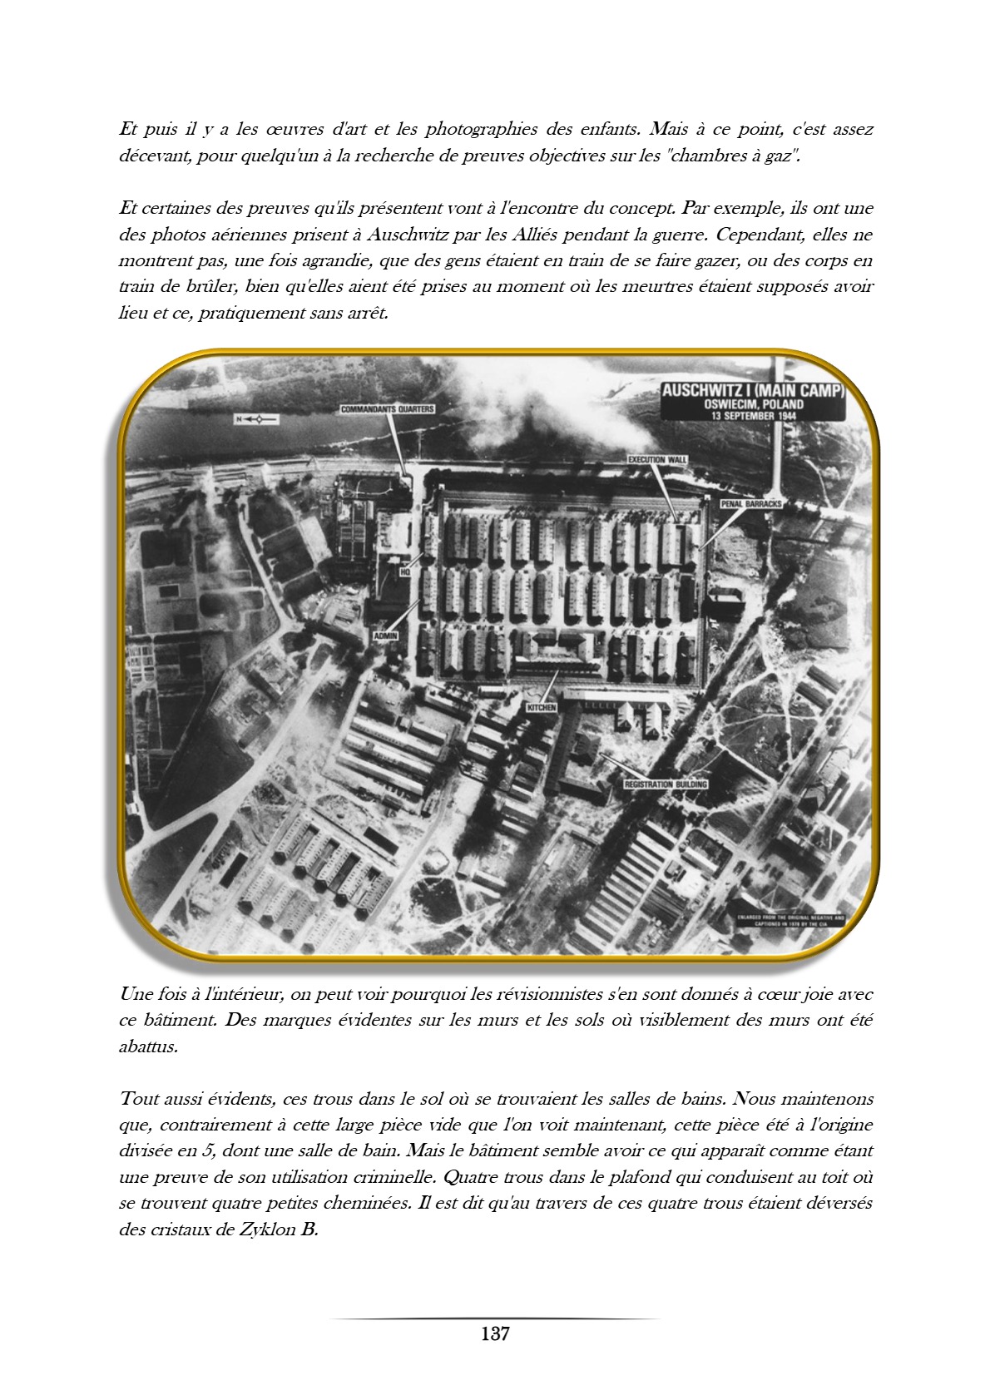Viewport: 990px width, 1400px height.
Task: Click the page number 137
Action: coord(494,1334)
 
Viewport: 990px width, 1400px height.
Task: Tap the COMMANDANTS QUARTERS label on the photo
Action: coord(388,409)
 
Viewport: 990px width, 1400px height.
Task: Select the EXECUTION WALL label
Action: coord(657,459)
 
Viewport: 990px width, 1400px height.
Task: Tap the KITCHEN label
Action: coord(542,707)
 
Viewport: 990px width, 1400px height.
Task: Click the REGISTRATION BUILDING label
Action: coord(666,784)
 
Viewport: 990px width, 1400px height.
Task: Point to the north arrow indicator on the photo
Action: coord(254,419)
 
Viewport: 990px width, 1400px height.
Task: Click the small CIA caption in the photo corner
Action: coord(788,921)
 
